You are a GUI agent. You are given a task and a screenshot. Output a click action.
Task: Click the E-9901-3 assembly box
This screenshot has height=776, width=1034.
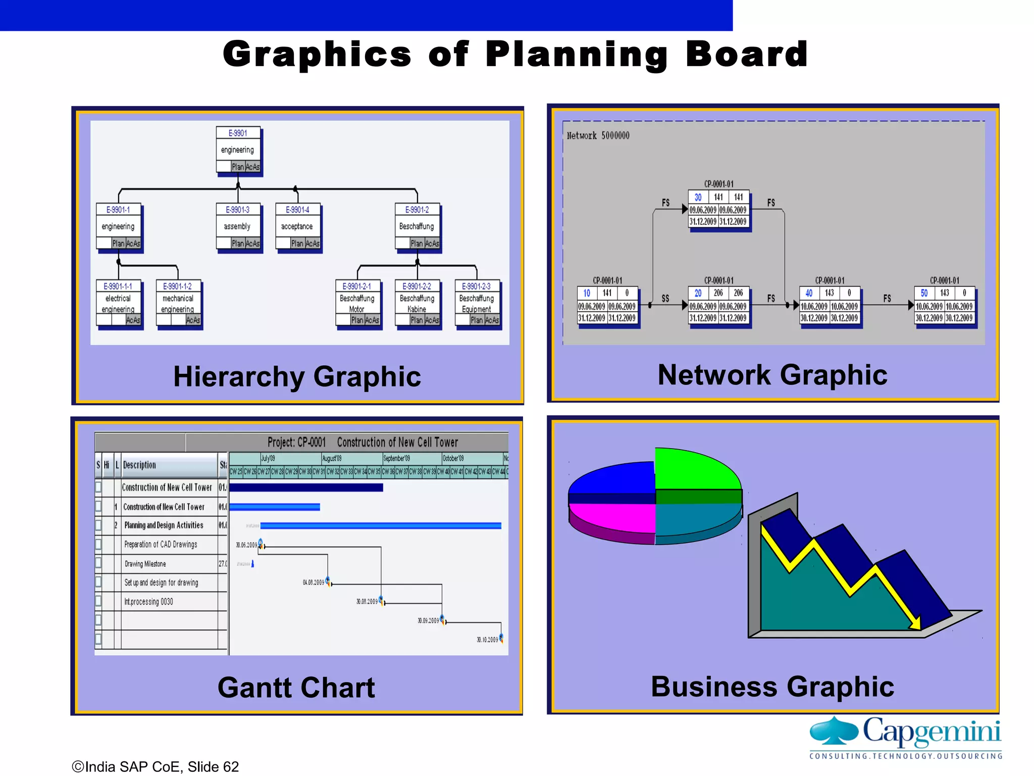coord(238,226)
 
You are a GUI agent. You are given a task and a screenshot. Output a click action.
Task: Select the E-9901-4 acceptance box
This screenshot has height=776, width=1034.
coord(297,226)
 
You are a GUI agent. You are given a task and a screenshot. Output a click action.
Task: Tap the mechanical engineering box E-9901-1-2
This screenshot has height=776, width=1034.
coord(178,303)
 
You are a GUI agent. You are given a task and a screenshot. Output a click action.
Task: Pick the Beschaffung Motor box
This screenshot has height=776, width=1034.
coord(357,303)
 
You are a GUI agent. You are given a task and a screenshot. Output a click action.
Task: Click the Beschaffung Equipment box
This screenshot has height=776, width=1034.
coord(477,303)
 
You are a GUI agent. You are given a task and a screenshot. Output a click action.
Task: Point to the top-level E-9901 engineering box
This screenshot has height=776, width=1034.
coord(238,150)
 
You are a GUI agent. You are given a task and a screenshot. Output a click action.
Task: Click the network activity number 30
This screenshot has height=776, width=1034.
coord(698,198)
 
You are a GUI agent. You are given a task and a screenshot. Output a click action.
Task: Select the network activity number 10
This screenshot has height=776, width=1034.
coord(587,293)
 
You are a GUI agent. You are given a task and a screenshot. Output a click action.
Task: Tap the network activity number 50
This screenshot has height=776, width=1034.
coord(924,293)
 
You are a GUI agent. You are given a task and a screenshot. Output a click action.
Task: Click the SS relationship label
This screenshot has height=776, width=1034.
coord(665,299)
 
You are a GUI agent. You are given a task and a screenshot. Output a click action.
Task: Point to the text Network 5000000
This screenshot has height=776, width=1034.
coord(598,136)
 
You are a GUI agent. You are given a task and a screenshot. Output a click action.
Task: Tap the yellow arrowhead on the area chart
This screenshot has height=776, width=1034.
coord(915,623)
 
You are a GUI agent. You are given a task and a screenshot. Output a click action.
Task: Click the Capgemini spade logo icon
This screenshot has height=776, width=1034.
coord(834,731)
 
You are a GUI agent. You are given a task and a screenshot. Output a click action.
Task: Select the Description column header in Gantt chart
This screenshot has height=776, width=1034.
coord(140,465)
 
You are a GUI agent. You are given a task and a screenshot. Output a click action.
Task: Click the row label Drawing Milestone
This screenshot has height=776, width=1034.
coord(145,564)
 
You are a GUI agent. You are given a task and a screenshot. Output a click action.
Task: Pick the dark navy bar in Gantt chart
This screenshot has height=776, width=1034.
coord(306,488)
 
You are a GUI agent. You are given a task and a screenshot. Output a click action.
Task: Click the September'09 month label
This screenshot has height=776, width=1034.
coord(397,458)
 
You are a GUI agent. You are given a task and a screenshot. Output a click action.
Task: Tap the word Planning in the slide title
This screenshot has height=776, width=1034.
coord(577,55)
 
